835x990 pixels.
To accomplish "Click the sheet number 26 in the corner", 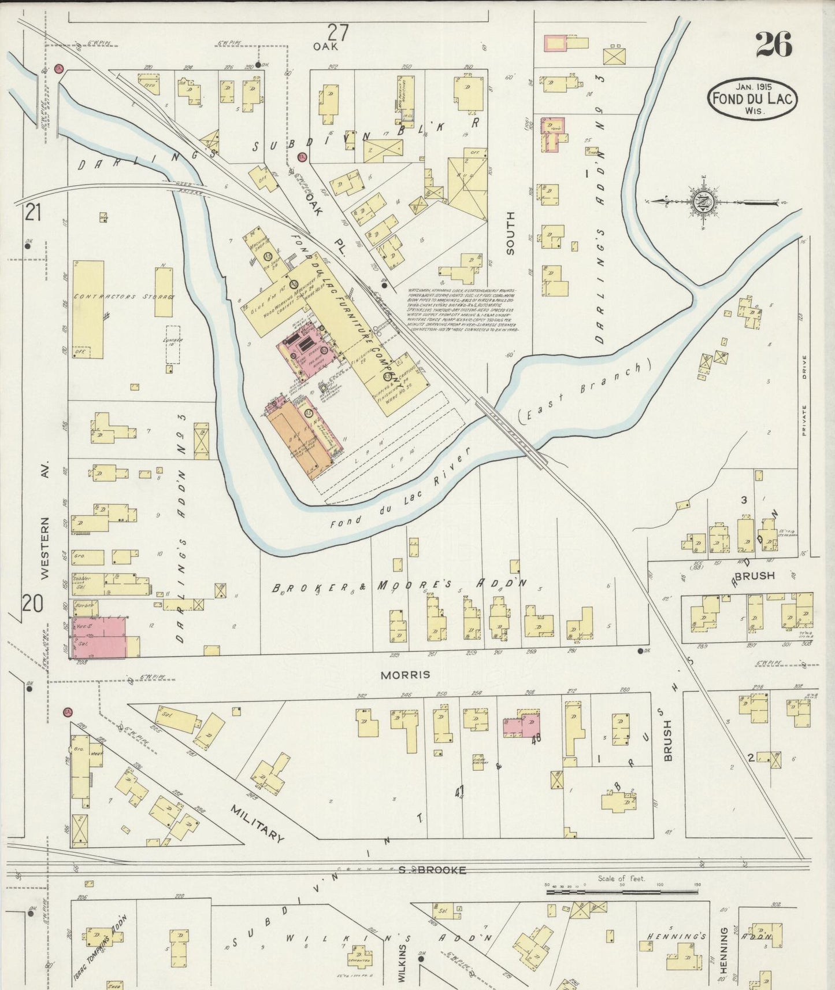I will (773, 45).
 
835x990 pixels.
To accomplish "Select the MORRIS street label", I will (397, 674).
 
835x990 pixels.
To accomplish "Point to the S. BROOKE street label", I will (432, 870).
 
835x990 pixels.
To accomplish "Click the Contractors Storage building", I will (88, 309).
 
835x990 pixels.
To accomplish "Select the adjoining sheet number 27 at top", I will (338, 32).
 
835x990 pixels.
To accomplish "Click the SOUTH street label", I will (510, 232).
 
